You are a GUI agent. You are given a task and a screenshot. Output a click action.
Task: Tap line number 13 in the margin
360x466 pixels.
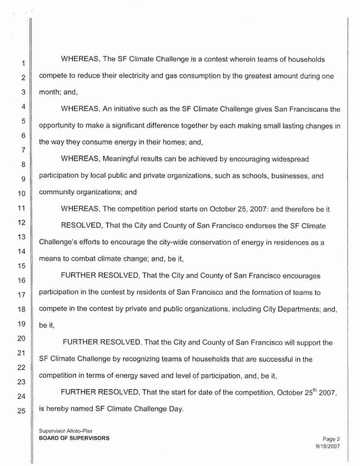(x=21, y=237)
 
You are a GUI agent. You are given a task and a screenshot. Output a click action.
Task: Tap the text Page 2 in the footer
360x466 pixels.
(x=331, y=439)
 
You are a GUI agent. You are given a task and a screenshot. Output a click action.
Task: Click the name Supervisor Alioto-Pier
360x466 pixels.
(x=66, y=431)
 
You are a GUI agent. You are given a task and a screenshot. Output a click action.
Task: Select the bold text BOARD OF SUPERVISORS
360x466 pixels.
(x=74, y=438)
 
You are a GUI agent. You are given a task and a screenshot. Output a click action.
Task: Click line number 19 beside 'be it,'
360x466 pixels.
(x=21, y=324)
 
